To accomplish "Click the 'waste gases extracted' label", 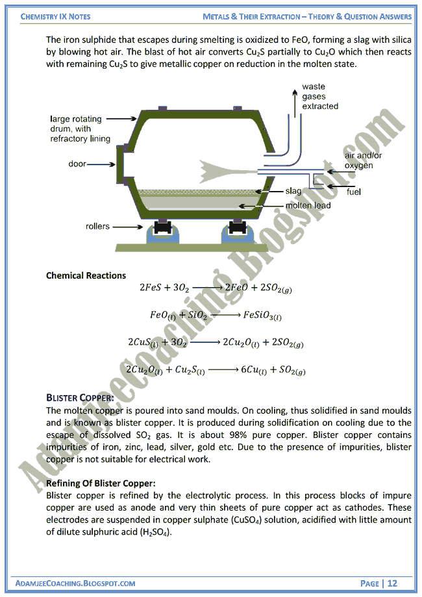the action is point(319,96).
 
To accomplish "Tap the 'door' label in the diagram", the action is point(77,164).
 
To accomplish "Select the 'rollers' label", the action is point(97,227).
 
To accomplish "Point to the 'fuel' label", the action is point(353,192).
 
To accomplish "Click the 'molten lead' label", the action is point(308,205).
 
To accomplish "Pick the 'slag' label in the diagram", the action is point(293,192).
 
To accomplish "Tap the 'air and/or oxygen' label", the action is point(359,161).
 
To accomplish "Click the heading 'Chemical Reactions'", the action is point(86,275).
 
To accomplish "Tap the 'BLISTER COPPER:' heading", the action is point(80,398).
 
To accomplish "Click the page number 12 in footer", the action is point(392,583).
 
